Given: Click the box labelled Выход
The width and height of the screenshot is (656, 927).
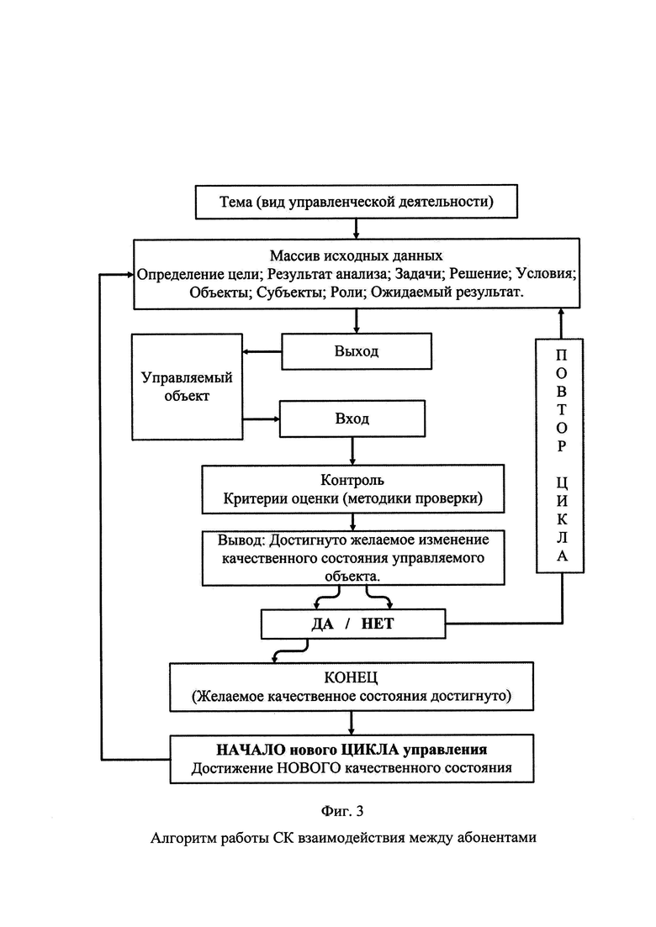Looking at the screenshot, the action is click(356, 351).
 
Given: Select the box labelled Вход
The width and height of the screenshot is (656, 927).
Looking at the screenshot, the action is click(352, 419).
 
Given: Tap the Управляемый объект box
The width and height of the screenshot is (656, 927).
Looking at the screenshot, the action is click(187, 387).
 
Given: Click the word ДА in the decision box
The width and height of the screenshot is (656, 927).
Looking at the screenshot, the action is click(323, 624).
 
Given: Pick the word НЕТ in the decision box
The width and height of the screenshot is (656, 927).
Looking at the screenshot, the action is click(378, 624).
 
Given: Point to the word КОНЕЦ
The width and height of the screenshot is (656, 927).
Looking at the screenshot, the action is click(351, 677).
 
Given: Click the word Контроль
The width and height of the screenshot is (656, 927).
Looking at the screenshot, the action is click(352, 480).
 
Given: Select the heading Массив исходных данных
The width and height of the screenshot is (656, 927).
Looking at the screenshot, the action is click(356, 255).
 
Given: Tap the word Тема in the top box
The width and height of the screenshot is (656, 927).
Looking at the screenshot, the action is click(236, 202).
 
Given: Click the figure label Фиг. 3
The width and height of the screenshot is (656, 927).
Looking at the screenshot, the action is click(342, 811).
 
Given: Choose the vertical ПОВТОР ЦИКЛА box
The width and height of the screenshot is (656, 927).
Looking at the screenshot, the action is click(559, 456).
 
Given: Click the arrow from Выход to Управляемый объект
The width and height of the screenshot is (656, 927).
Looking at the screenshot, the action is click(262, 352).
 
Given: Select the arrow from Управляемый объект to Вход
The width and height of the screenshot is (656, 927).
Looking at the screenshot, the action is click(261, 419).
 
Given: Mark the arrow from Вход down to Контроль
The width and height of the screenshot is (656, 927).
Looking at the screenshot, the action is click(352, 451).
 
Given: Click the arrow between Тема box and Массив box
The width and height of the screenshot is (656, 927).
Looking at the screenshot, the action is click(356, 229).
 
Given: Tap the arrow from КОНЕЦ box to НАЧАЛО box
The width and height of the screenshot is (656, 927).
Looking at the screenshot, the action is click(352, 723).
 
